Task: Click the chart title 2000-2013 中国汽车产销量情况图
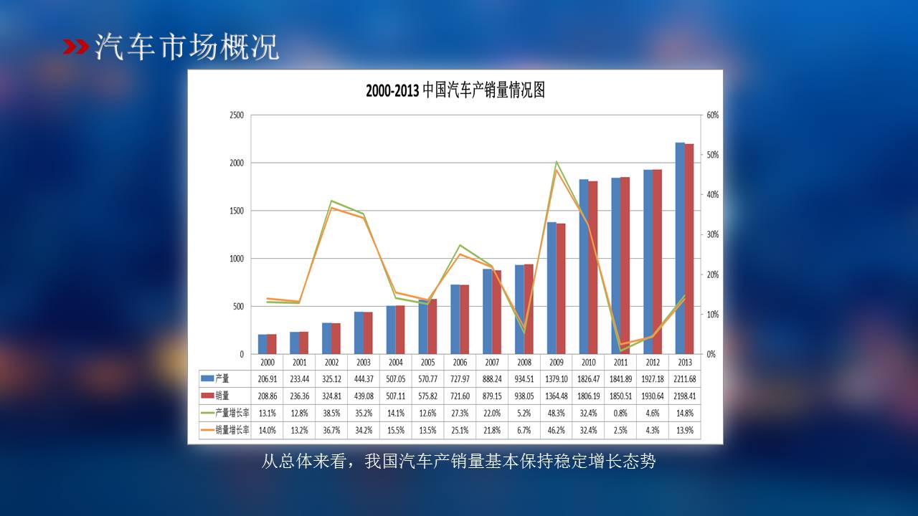tap(455, 91)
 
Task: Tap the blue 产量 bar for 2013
tap(680, 248)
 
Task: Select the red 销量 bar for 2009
tap(561, 289)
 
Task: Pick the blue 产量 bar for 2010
tap(584, 267)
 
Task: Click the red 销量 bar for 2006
tap(465, 320)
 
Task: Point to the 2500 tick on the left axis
tap(236, 115)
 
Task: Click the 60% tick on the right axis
tap(713, 115)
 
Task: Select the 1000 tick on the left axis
tap(236, 259)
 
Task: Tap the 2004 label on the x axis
tap(395, 363)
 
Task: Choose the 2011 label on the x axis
tap(620, 363)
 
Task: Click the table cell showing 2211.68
tap(684, 378)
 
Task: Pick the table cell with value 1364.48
tap(557, 396)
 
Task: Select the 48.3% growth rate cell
tap(557, 413)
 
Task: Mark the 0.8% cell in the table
tap(620, 413)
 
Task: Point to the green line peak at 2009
tap(557, 162)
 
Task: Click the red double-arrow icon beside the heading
tap(76, 47)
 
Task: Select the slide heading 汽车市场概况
tap(186, 47)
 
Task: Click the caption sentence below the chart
tap(458, 462)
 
